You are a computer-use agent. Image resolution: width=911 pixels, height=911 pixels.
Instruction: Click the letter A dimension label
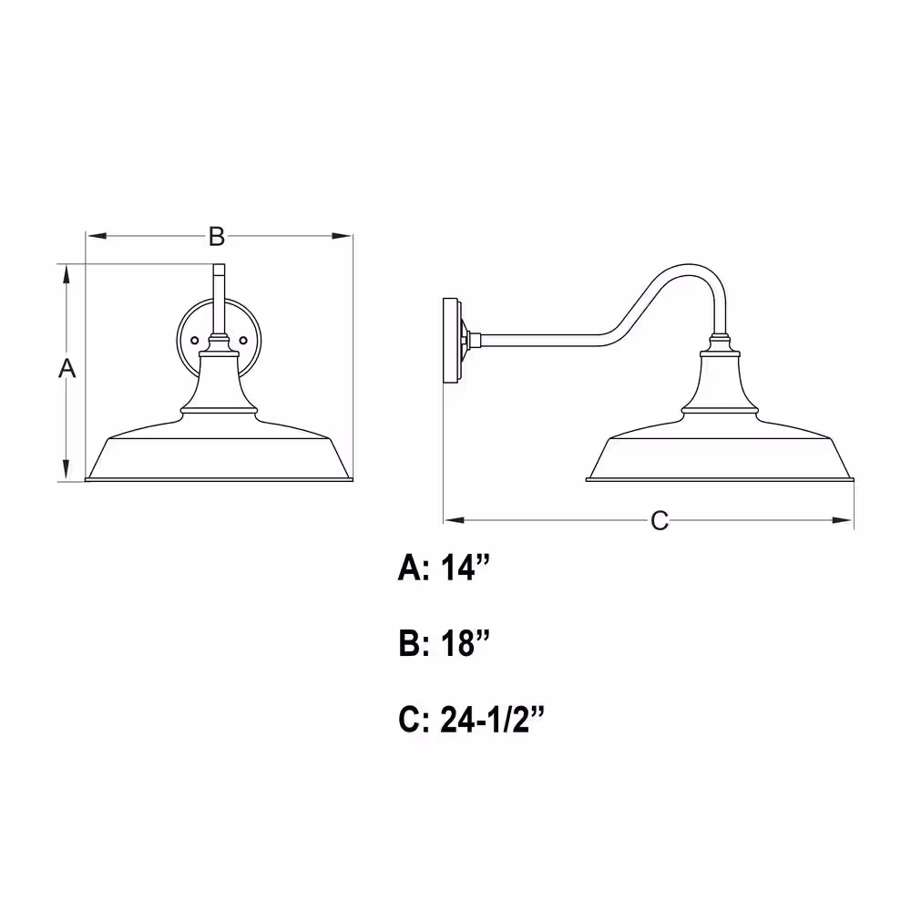pyautogui.click(x=67, y=368)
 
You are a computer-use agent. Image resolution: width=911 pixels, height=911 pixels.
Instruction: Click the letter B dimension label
pyautogui.click(x=217, y=237)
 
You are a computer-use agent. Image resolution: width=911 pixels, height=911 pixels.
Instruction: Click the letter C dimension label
pyautogui.click(x=660, y=520)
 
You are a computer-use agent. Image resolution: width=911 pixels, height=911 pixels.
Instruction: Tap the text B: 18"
pyautogui.click(x=444, y=643)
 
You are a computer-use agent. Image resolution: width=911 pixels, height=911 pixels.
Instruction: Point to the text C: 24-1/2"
pyautogui.click(x=471, y=720)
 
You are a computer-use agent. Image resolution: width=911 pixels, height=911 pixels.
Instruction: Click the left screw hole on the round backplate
pyautogui.click(x=195, y=341)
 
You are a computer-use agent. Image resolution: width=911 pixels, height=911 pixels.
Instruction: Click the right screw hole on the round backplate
pyautogui.click(x=244, y=341)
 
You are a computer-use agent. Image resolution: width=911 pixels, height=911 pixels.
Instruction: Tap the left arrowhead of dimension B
pyautogui.click(x=97, y=236)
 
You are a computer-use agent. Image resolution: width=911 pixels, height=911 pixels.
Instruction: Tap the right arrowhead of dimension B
pyautogui.click(x=342, y=236)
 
